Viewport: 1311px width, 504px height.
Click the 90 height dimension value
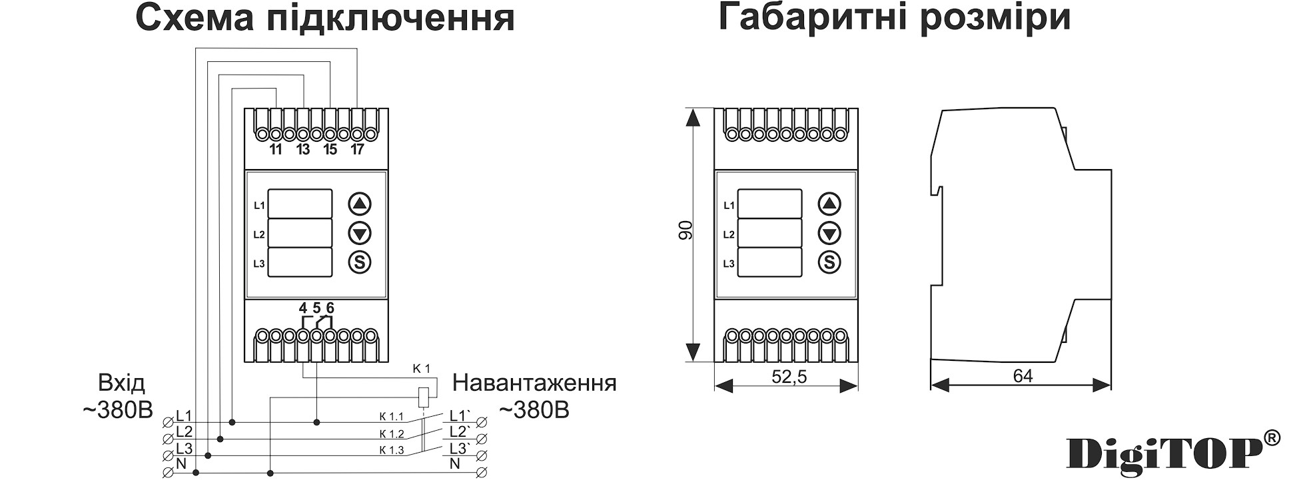[x=685, y=230]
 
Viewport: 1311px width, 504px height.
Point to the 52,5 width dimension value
[x=789, y=377]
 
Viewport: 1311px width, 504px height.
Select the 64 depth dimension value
[x=1023, y=377]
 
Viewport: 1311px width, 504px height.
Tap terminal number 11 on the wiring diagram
[x=276, y=150]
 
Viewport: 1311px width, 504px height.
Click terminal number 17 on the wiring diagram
[x=357, y=150]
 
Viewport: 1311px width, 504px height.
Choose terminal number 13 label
[x=303, y=150]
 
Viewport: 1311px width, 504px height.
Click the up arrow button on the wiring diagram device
[x=360, y=204]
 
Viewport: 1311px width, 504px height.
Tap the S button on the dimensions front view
[x=829, y=262]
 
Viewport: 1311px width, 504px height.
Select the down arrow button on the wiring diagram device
[x=360, y=233]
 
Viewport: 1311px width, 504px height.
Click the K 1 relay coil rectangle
[x=423, y=397]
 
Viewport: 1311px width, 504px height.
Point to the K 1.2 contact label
[x=392, y=434]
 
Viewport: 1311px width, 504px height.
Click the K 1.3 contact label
[x=392, y=450]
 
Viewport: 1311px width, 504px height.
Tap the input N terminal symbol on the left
[x=167, y=473]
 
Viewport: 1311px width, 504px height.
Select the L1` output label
[x=460, y=416]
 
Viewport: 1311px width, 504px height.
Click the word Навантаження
[x=534, y=383]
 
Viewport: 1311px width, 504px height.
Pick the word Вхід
[x=121, y=383]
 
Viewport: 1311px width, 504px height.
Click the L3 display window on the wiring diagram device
[x=300, y=262]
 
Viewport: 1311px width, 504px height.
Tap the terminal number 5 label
[x=316, y=308]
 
